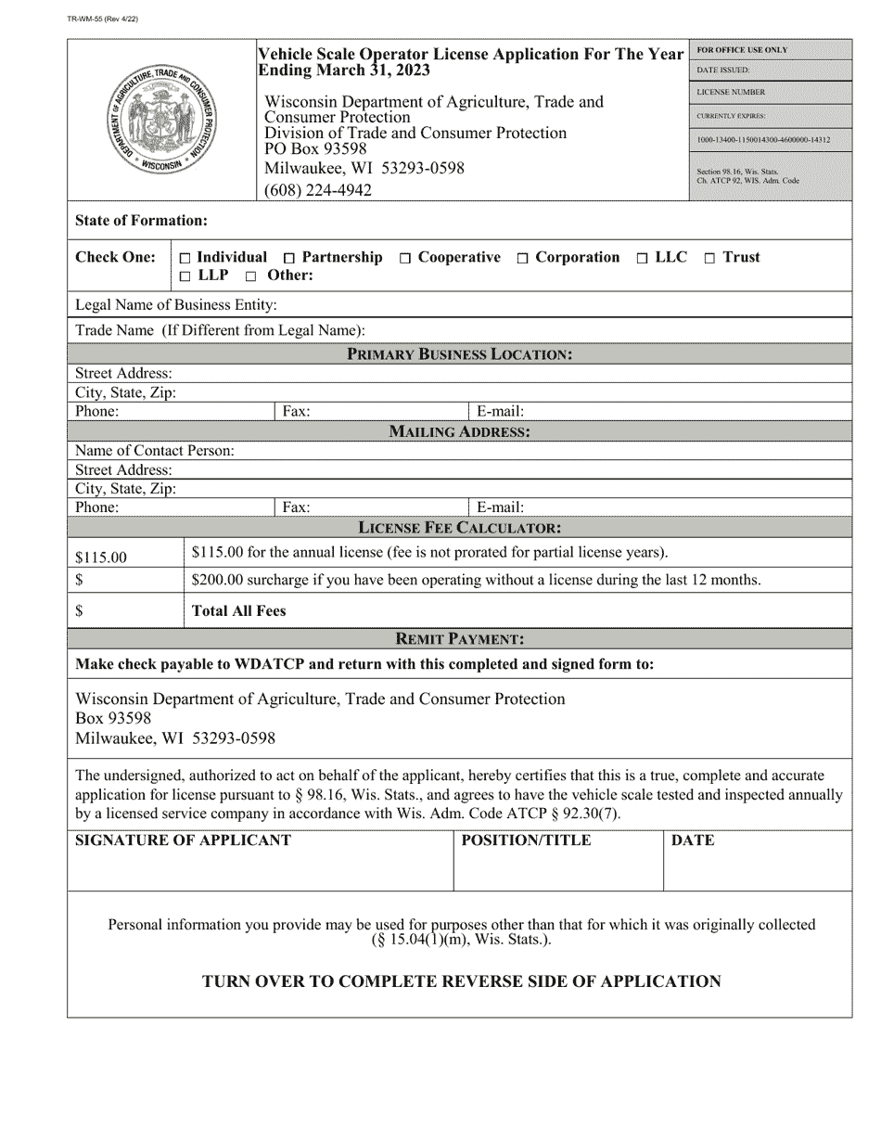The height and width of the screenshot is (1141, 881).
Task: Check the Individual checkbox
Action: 185,258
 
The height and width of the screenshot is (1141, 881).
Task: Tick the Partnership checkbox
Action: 290,258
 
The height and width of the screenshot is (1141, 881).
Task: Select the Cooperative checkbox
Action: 405,258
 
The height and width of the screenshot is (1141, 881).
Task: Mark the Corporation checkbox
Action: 523,258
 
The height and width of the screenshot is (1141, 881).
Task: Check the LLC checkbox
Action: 643,258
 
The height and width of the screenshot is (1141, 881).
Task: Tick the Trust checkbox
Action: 709,258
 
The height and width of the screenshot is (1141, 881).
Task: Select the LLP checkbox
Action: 185,276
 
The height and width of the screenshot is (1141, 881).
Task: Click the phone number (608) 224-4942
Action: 318,190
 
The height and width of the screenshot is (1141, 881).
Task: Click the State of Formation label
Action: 141,221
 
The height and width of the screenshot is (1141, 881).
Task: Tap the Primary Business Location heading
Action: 459,353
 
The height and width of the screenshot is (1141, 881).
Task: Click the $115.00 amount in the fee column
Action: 101,558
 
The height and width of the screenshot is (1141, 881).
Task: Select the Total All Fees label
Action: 238,610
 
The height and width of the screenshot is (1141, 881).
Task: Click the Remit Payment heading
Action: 459,638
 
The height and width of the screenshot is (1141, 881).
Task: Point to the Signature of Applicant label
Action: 183,840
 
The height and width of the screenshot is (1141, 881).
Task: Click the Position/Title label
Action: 526,840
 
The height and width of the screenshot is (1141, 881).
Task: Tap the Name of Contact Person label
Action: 155,451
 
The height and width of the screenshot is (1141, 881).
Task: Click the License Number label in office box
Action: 732,93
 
